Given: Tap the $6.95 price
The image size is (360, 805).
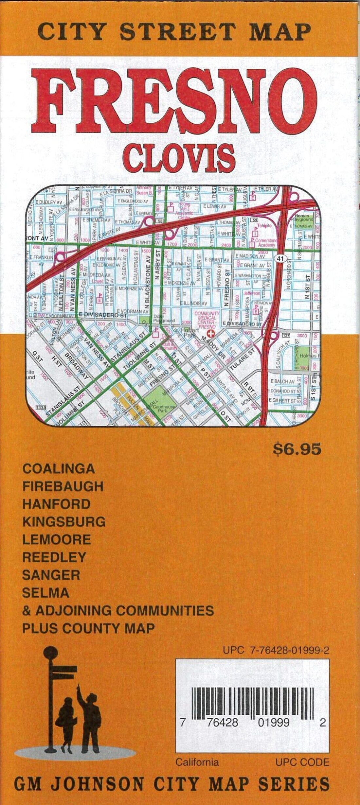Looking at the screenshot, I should pos(297,450).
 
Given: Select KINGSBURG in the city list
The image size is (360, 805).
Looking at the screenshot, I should pos(64,522).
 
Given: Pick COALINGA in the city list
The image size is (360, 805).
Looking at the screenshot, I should pos(59,469).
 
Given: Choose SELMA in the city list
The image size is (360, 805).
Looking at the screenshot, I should pos(45,593).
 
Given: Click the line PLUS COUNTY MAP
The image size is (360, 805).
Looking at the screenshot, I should pos(88,628).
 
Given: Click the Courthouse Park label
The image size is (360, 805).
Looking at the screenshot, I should pos(167,408).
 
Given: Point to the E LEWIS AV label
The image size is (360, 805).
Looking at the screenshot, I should pos(214,206).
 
